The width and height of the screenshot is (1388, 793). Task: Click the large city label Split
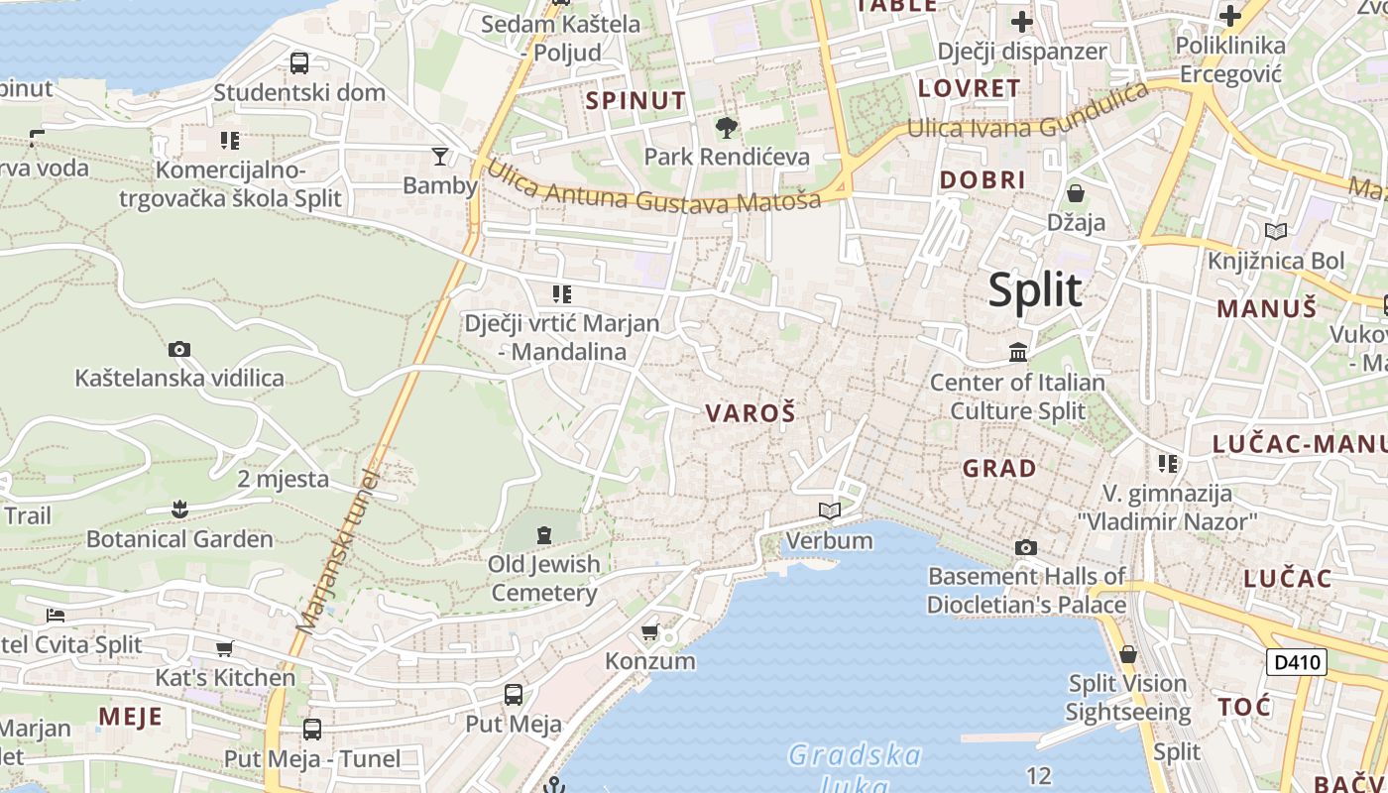pyautogui.click(x=1035, y=290)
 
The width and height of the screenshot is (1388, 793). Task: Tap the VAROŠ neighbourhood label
pyautogui.click(x=751, y=413)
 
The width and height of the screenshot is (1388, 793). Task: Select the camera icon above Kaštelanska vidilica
pyautogui.click(x=179, y=349)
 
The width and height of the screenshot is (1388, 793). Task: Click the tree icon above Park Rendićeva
pyautogui.click(x=727, y=128)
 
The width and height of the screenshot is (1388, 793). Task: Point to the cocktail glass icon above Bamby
pyautogui.click(x=440, y=156)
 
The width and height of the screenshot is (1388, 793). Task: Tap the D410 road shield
pyautogui.click(x=1297, y=662)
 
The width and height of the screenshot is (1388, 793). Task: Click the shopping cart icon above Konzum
pyautogui.click(x=650, y=631)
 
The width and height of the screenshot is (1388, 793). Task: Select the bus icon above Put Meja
pyautogui.click(x=514, y=694)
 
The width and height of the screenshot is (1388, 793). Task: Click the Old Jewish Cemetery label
pyautogui.click(x=544, y=578)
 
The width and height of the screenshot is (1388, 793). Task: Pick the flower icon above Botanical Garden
pyautogui.click(x=179, y=510)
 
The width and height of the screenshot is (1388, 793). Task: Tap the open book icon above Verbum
pyautogui.click(x=830, y=510)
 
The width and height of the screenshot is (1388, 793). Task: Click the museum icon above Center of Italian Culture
pyautogui.click(x=1018, y=352)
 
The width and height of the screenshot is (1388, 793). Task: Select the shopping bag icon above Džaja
pyautogui.click(x=1076, y=193)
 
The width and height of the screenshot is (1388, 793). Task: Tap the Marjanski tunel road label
pyautogui.click(x=339, y=550)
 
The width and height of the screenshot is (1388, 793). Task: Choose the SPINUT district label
pyautogui.click(x=636, y=100)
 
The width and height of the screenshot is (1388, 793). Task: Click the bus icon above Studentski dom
pyautogui.click(x=299, y=63)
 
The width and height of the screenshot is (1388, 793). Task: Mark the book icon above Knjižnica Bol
pyautogui.click(x=1276, y=232)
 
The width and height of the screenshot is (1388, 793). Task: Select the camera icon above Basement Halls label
pyautogui.click(x=1026, y=547)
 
